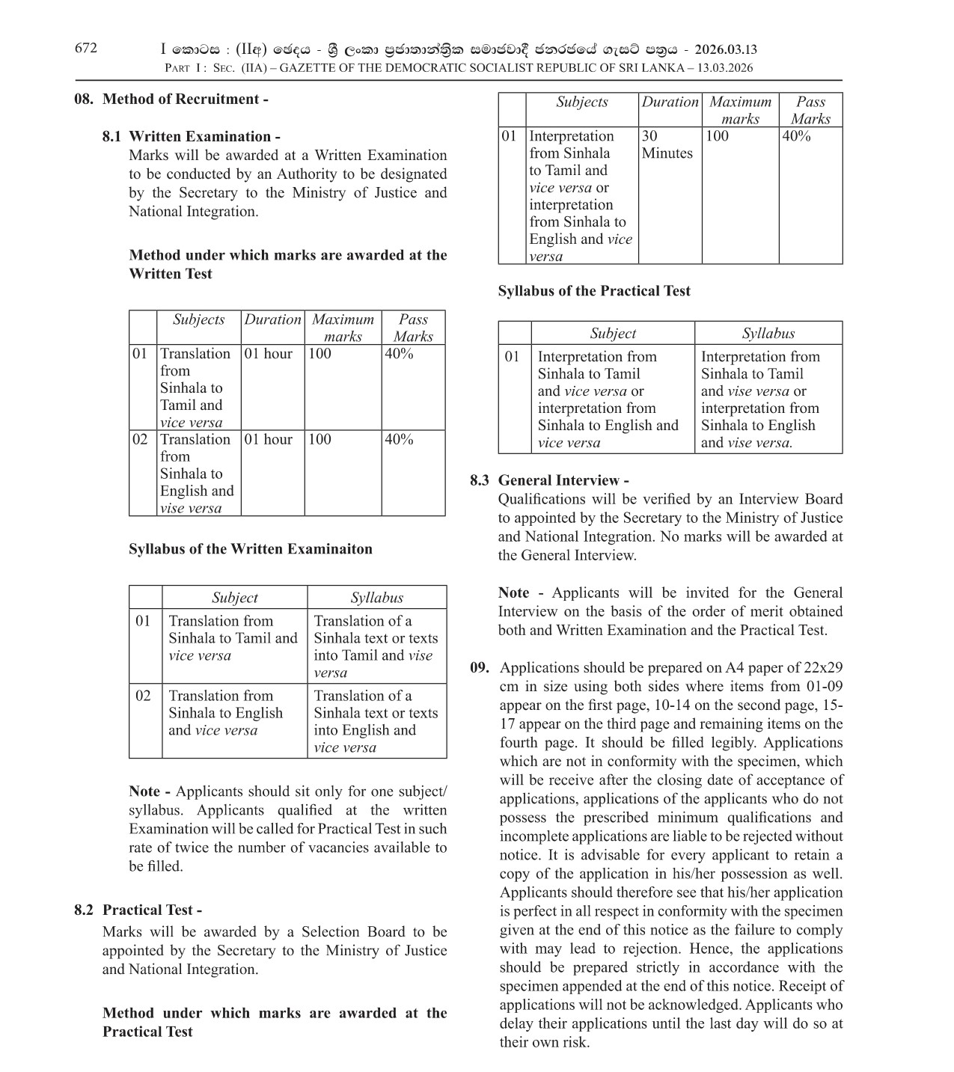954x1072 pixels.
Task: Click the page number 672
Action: coord(86,49)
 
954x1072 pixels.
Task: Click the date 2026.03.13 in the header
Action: coord(725,50)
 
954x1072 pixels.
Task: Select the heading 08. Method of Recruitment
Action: coord(171,99)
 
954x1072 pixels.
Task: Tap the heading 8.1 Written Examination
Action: coord(192,136)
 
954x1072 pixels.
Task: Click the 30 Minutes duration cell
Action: coord(667,144)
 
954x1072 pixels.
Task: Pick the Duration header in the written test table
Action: coord(272,319)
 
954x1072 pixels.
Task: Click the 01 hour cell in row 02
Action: coord(268,439)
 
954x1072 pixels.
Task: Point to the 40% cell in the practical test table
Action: coord(796,136)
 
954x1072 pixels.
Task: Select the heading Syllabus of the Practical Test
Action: coord(594,291)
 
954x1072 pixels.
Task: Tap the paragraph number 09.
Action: coord(480,667)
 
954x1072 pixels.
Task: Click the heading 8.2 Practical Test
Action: coord(138,910)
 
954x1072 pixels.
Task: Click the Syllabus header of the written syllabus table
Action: coord(376,598)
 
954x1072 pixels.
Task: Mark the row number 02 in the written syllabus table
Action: coord(143,696)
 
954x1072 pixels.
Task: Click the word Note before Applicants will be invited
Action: coord(513,592)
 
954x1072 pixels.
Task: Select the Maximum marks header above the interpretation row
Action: coord(739,110)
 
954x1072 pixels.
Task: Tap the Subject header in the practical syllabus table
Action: coord(612,334)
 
